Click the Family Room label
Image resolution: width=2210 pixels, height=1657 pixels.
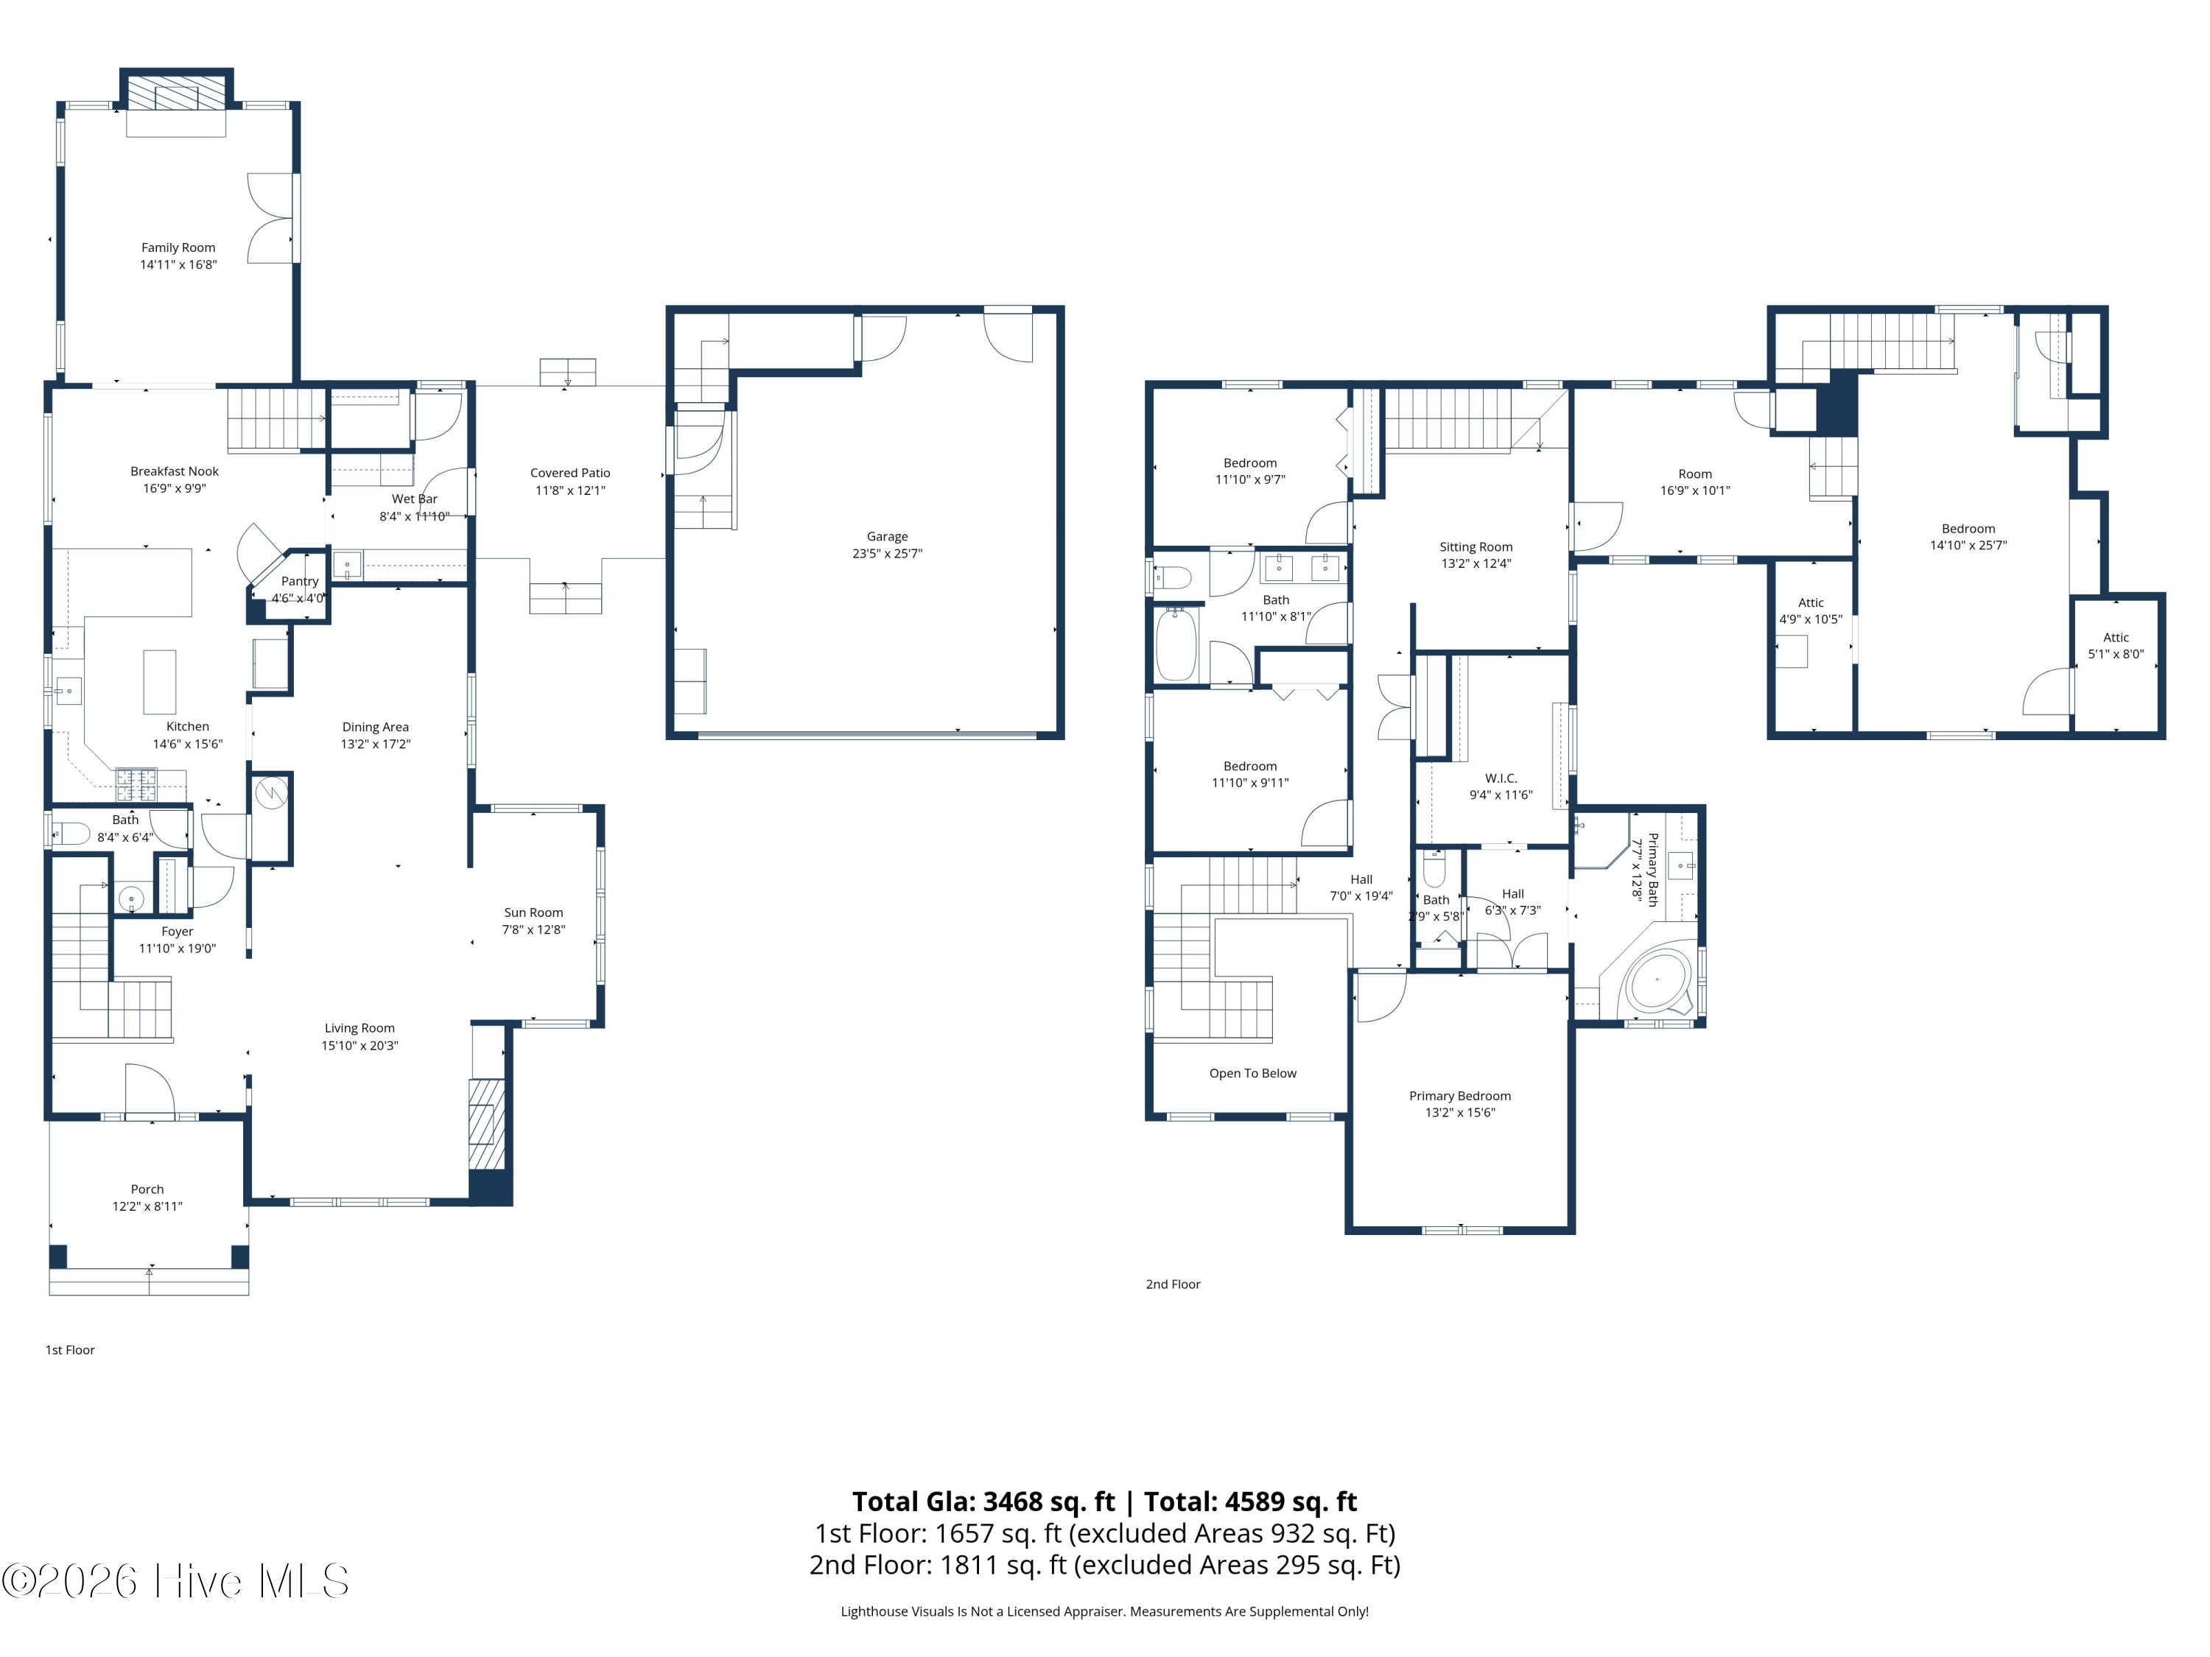tap(178, 247)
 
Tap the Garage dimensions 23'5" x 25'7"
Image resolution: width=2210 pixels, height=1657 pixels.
tap(887, 553)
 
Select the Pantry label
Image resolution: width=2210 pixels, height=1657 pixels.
tap(300, 581)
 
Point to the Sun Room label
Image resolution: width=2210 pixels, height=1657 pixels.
tap(533, 913)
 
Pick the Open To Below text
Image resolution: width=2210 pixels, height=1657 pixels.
tap(1253, 1074)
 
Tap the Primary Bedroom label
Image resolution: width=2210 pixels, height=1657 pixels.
tap(1459, 1096)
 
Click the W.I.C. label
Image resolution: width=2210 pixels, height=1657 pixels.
tap(1501, 778)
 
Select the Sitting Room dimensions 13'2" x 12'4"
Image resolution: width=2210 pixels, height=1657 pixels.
tap(1476, 563)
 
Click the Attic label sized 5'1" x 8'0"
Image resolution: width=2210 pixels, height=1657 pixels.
tap(2116, 637)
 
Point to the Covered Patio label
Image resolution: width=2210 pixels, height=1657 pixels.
tap(569, 474)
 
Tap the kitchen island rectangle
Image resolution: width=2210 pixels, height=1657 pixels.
tap(160, 682)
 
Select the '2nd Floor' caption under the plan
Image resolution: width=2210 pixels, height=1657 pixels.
tap(1173, 1284)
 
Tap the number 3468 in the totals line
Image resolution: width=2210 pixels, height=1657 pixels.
tap(1017, 1501)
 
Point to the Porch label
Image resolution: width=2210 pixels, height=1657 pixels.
tap(147, 1189)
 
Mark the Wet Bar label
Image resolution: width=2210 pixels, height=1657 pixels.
tap(415, 499)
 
